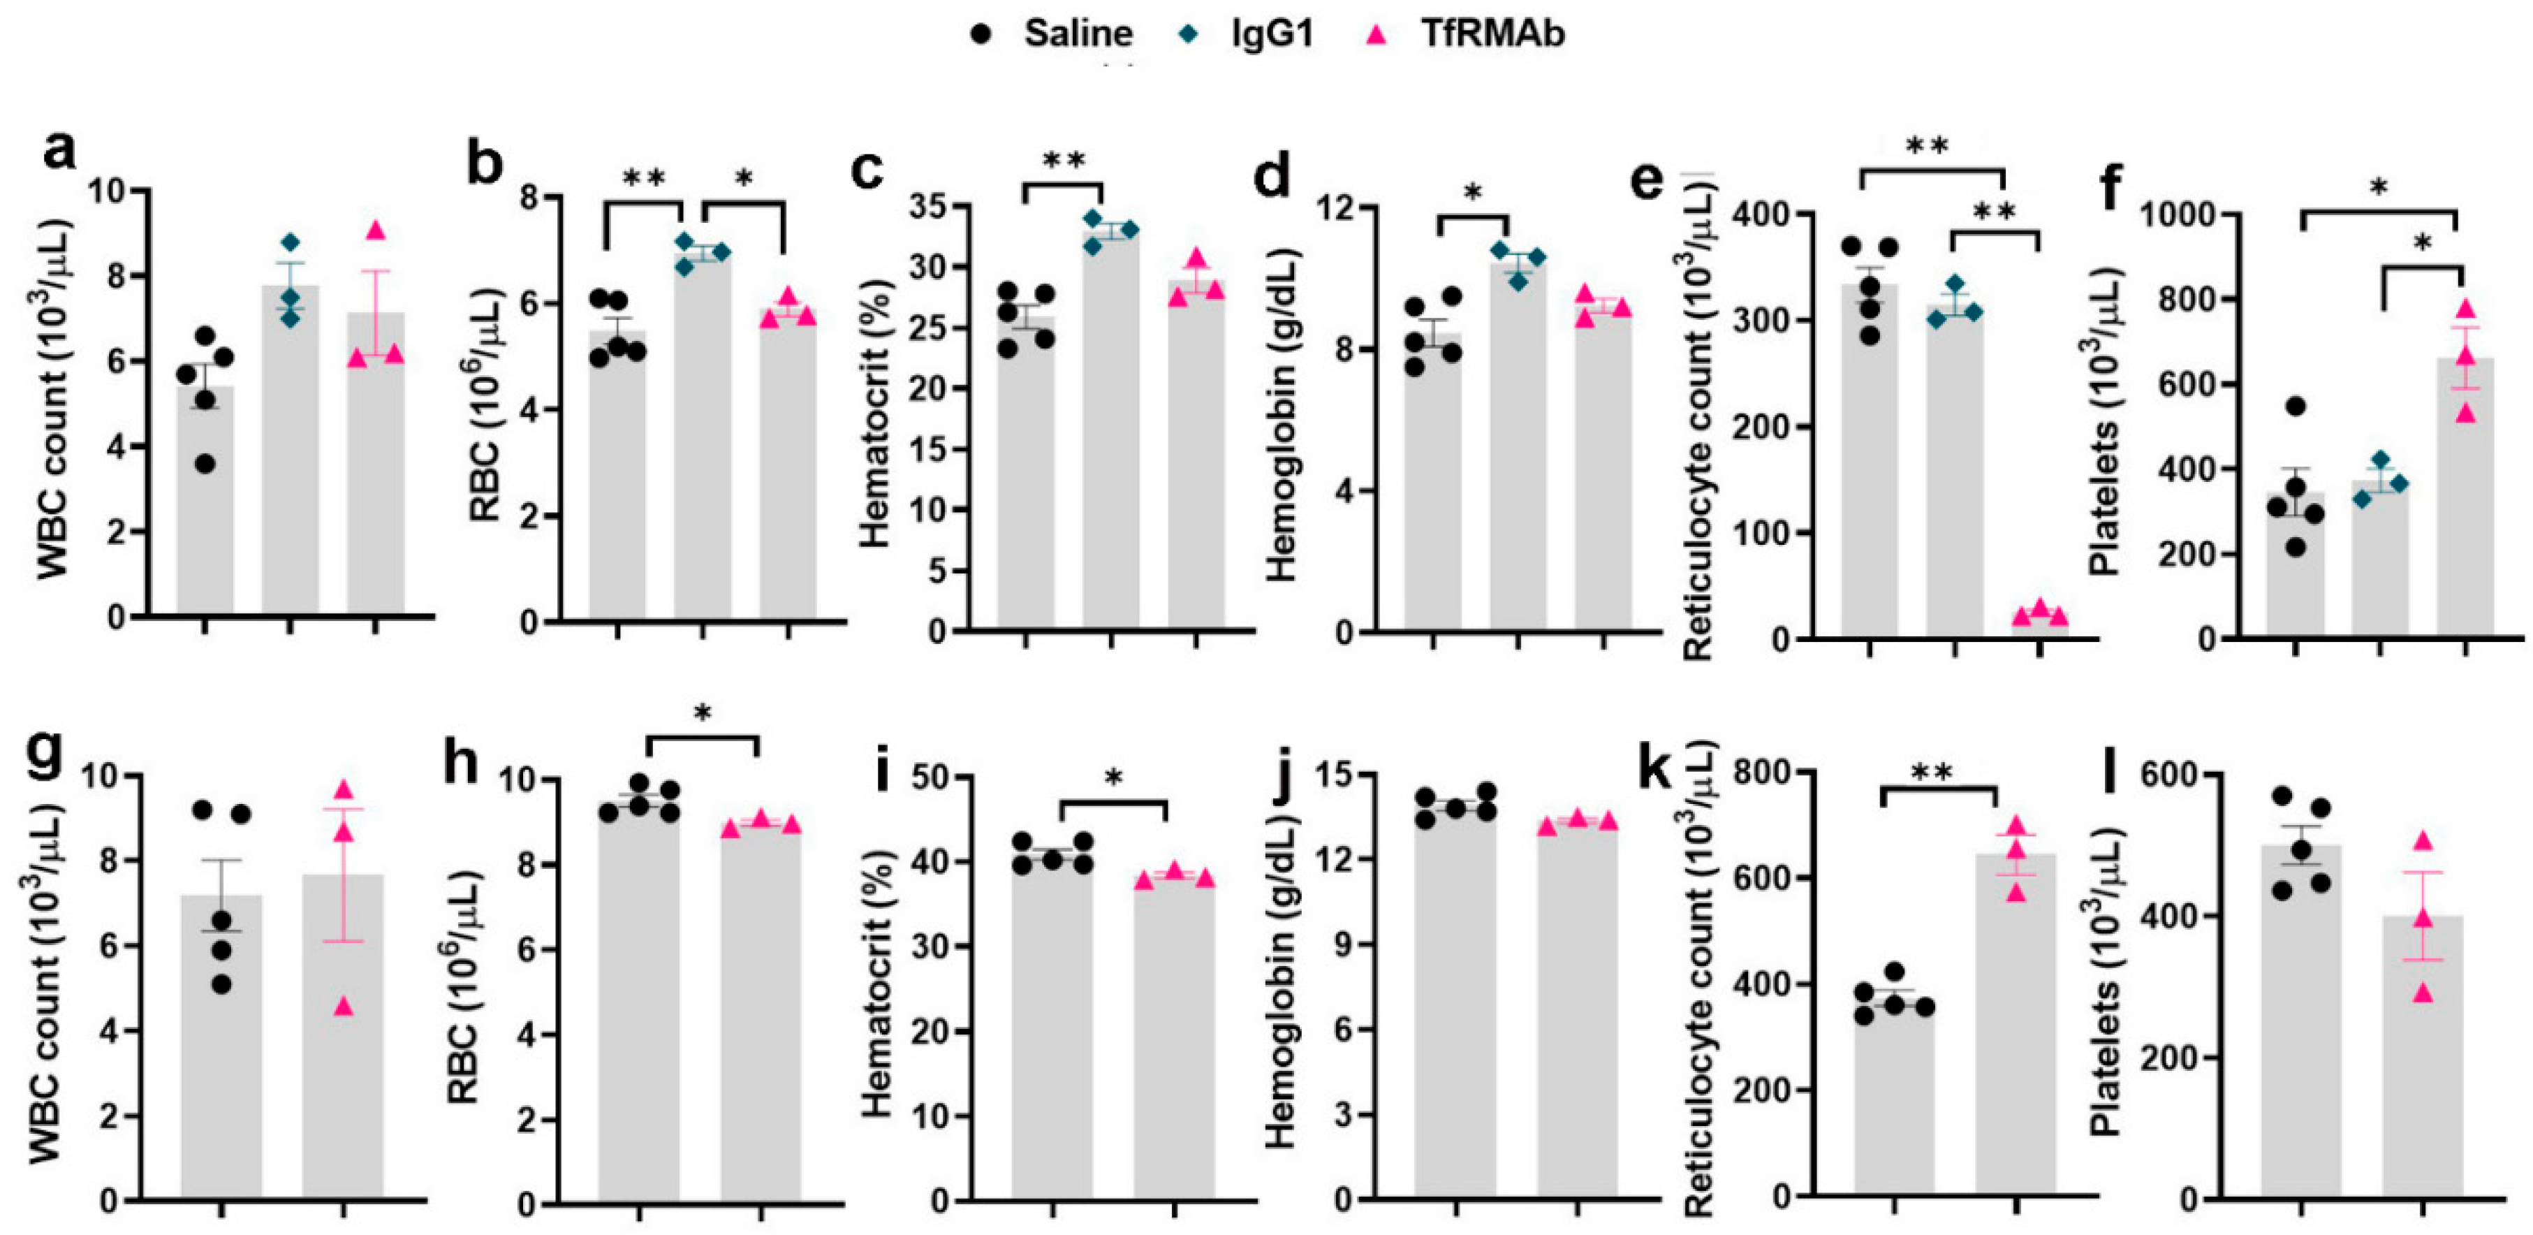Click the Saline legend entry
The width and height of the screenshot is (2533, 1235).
(x=1077, y=34)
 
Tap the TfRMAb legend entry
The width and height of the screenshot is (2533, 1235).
(x=1490, y=34)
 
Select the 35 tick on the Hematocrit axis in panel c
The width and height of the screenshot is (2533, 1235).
(x=935, y=207)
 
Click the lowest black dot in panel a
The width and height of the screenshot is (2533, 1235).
(x=205, y=463)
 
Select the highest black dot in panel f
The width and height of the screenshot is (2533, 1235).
(x=2295, y=406)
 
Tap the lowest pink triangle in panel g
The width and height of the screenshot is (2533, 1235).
(x=342, y=1006)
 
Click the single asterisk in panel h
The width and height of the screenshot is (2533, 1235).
(x=702, y=715)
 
